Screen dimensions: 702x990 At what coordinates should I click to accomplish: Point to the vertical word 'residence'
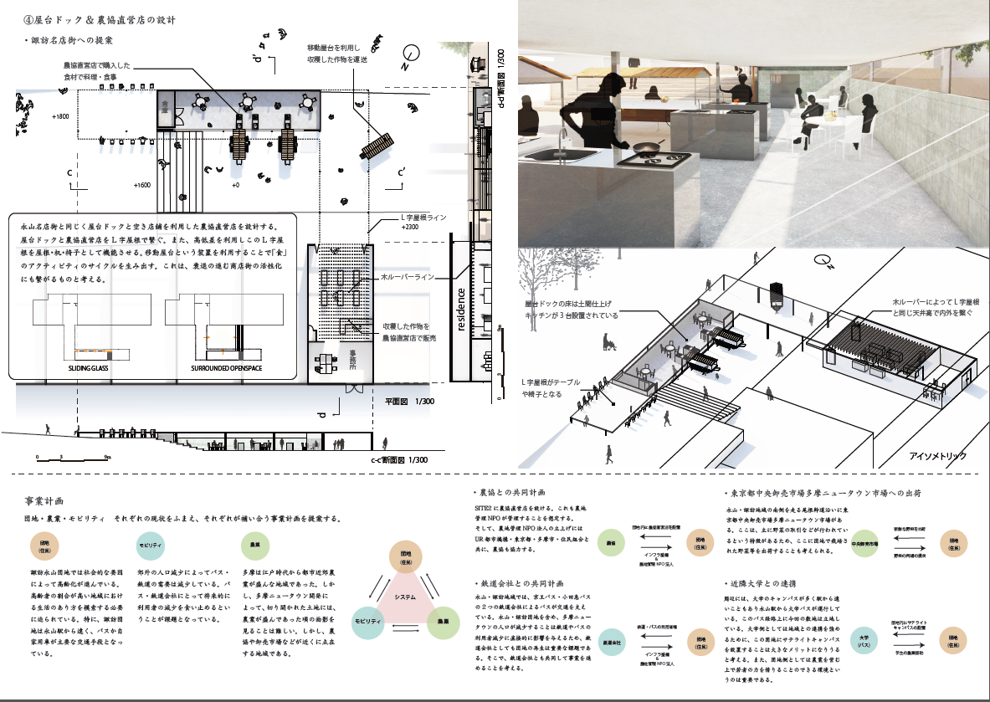tap(461, 310)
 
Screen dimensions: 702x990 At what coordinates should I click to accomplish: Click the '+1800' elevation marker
tap(60, 116)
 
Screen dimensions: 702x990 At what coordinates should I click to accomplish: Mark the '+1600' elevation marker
tap(142, 185)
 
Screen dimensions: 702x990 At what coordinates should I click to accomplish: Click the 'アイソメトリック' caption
tap(938, 456)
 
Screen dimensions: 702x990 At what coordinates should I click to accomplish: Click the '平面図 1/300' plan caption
tap(405, 402)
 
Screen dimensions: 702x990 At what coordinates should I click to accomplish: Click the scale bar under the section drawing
tap(72, 456)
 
